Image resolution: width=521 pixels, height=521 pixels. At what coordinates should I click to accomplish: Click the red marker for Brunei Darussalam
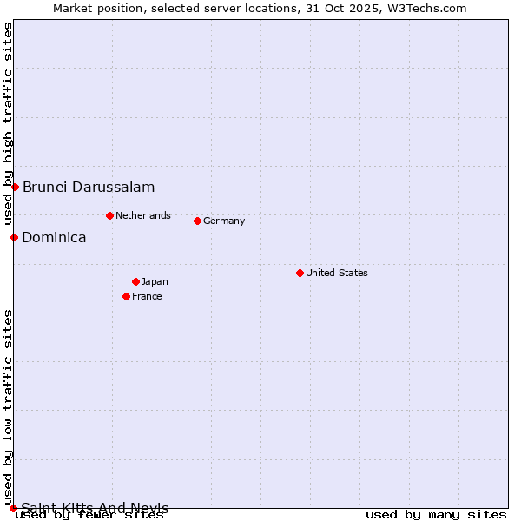click(15, 187)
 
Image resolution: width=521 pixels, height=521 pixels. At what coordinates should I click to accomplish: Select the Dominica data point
click(14, 237)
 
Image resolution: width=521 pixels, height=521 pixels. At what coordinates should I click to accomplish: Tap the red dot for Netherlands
click(109, 215)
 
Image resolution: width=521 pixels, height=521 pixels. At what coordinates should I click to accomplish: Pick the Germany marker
click(197, 221)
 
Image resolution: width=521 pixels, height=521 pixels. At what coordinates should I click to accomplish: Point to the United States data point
click(300, 273)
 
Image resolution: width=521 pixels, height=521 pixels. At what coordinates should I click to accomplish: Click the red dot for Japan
click(135, 281)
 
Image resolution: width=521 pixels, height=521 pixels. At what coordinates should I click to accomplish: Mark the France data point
click(127, 296)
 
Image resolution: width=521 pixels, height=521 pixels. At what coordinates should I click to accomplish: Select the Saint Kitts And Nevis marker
click(13, 508)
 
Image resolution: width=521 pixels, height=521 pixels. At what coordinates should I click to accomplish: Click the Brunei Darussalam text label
click(89, 187)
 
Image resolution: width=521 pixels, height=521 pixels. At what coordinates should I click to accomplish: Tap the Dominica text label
click(54, 237)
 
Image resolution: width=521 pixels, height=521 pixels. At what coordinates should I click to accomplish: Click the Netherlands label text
click(143, 215)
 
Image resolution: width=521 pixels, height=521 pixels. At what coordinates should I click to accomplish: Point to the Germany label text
click(224, 221)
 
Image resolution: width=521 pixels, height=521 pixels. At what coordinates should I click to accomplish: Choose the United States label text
click(337, 273)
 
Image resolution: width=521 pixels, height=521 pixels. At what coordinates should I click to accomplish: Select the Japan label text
click(155, 281)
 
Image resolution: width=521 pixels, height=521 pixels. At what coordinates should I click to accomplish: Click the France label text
click(147, 296)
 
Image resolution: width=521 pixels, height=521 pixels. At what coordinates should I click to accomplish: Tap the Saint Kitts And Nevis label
click(95, 508)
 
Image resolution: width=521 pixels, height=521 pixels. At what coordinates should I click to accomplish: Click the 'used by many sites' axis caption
click(436, 515)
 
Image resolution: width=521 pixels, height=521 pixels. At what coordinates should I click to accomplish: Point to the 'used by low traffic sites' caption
click(8, 406)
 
